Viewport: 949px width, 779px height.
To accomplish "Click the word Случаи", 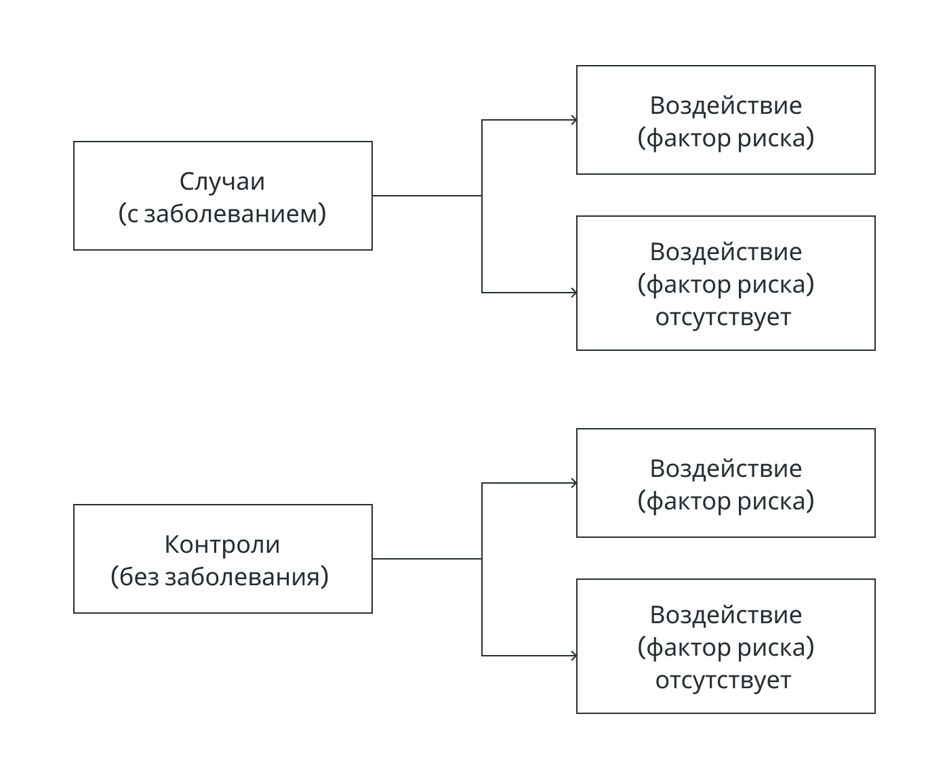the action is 222,182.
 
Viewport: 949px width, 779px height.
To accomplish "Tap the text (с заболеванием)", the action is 222,213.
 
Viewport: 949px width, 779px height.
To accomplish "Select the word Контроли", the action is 222,544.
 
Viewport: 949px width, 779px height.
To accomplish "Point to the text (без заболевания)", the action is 220,576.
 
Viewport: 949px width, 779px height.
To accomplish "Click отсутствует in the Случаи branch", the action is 723,317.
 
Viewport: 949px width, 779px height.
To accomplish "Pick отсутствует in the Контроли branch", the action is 723,679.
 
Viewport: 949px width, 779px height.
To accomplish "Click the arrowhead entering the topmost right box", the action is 573,120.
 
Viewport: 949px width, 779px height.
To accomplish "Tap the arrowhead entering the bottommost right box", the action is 573,655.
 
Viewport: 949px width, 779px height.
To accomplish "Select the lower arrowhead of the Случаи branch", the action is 573,293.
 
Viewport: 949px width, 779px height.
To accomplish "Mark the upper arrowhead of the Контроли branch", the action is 573,482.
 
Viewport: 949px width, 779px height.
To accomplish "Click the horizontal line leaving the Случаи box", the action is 427,196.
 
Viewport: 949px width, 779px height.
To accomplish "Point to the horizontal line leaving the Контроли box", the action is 427,559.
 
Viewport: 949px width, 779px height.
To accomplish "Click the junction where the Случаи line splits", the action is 482,196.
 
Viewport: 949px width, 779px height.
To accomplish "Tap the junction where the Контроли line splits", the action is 482,559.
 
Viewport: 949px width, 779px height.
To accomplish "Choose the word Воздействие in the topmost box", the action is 725,106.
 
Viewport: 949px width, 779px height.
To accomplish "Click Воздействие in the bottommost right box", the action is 725,615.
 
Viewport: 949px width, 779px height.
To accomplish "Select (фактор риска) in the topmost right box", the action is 725,138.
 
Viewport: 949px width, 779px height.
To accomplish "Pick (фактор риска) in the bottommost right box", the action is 725,647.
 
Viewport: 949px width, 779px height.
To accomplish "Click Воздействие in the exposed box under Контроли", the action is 725,469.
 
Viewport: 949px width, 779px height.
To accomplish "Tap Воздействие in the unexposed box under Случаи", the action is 725,252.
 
